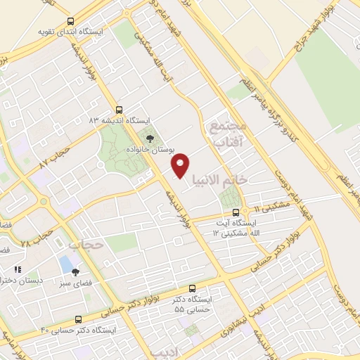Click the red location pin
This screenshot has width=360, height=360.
[181, 165]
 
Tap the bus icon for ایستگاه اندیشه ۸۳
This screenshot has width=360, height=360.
[119, 110]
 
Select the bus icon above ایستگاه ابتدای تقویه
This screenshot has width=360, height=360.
[70, 22]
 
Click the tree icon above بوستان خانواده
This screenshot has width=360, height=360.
[148, 139]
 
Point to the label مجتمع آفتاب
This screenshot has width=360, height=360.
[226, 133]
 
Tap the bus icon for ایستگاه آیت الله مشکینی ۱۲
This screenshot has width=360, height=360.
[236, 212]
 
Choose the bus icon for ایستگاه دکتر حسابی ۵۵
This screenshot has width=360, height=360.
[193, 288]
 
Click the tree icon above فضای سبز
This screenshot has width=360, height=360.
[76, 272]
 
